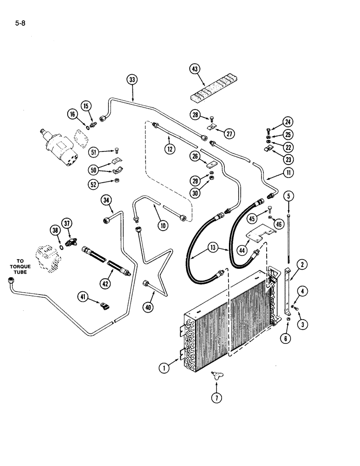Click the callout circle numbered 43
tap(194, 69)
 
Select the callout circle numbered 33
tap(132, 80)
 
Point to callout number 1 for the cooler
tap(164, 368)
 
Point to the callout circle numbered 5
tap(290, 196)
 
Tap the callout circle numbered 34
tap(107, 201)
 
